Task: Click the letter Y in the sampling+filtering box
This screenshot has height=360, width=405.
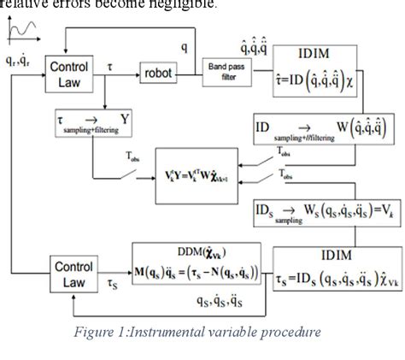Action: tap(125, 121)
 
